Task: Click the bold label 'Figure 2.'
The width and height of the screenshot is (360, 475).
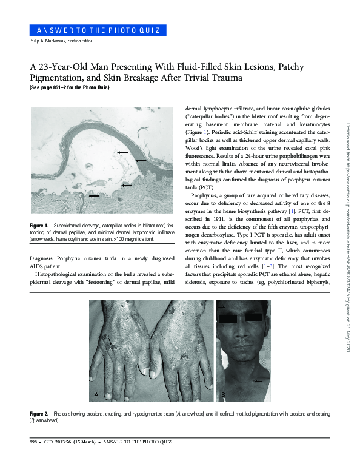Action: tap(40, 413)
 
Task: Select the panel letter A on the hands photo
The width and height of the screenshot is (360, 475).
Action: tap(96, 395)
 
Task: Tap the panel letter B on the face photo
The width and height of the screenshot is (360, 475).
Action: tap(224, 395)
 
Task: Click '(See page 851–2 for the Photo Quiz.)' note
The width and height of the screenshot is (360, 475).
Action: tap(70, 87)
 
